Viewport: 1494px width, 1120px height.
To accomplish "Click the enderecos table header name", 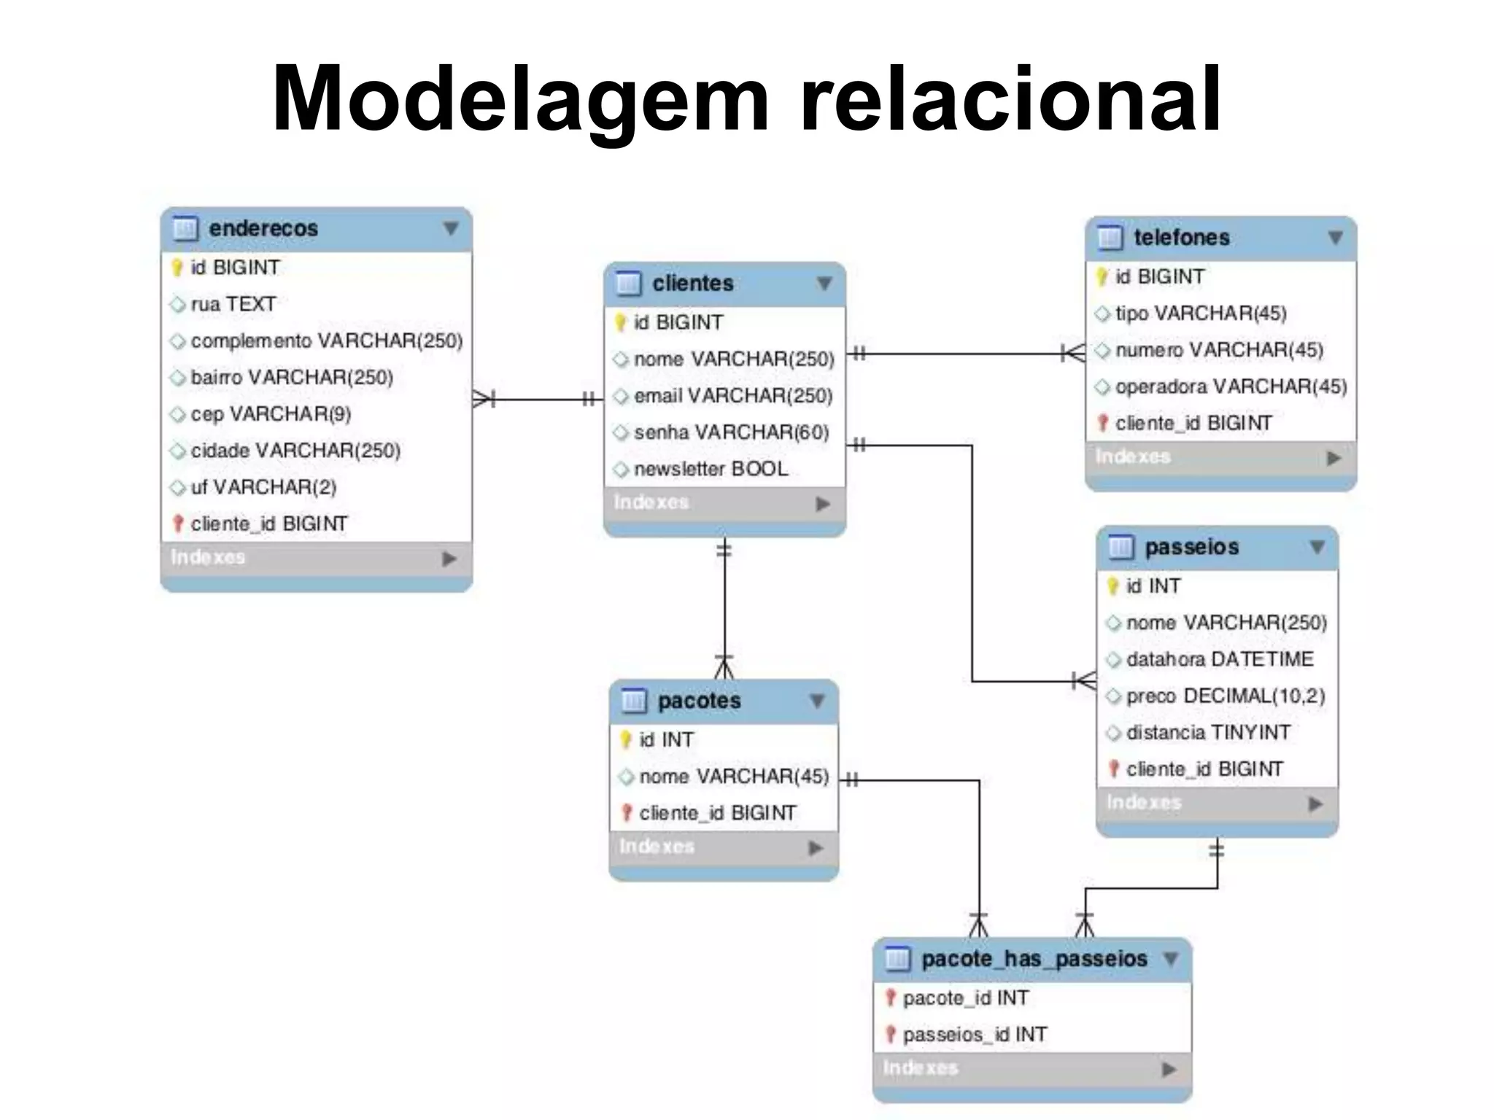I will (263, 228).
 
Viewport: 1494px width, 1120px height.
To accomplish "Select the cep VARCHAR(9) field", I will (271, 414).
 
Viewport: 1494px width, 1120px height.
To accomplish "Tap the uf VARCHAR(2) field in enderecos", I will (263, 487).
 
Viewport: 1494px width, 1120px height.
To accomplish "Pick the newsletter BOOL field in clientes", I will (711, 469).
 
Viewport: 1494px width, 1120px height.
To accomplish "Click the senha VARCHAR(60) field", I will (731, 432).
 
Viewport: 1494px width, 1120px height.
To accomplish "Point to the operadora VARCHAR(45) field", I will (1231, 386).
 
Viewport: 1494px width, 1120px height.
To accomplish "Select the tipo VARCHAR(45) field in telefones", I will (1201, 314).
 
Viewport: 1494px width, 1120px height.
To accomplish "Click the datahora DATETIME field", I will (1220, 659).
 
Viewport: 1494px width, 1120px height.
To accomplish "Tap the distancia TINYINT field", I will (1208, 732).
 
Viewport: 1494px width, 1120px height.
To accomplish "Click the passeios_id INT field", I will (975, 1035).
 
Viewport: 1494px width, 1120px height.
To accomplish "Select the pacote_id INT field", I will (966, 998).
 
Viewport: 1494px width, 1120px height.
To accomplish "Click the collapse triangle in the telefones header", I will (1335, 238).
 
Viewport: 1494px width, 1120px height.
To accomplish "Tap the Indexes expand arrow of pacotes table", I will (816, 848).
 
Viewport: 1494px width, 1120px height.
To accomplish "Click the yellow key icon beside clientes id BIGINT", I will (620, 322).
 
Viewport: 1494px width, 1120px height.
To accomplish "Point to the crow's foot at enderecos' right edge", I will (484, 399).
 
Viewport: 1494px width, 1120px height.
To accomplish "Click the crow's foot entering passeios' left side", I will (1085, 681).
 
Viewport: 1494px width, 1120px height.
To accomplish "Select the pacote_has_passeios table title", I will (1034, 959).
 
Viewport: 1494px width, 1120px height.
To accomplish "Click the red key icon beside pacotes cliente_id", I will (626, 812).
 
